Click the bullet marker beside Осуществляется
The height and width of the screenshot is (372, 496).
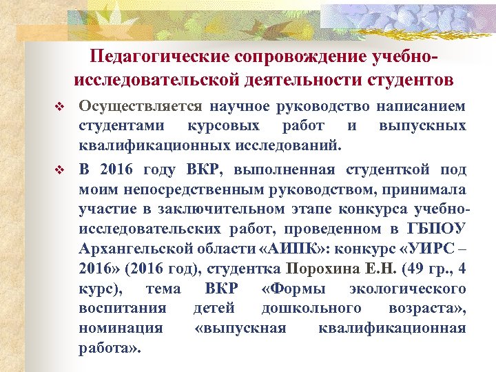[59, 109]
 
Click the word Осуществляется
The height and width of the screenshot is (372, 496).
[141, 107]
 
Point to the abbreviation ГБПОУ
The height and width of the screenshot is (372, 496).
[437, 229]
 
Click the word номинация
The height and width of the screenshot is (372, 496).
[121, 328]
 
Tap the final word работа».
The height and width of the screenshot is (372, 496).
[110, 348]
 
